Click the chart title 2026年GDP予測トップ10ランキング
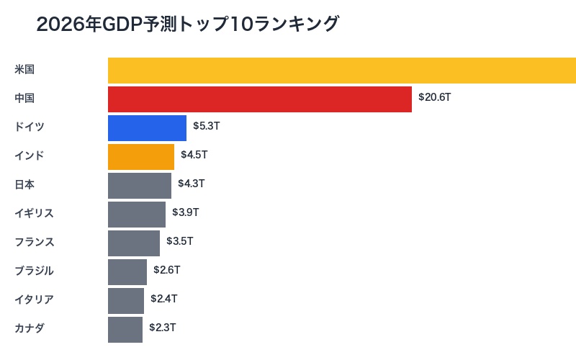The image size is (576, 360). pos(187,24)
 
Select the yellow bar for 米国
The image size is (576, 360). pos(342,71)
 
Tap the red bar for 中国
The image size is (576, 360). pos(260,99)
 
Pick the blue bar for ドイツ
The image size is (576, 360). pos(147,128)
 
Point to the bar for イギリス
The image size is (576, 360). pos(137,215)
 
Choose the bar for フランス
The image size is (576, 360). pos(134,243)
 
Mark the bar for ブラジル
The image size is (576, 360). pos(127,272)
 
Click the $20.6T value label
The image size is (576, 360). pos(435,97)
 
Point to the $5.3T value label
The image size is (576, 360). pos(207,126)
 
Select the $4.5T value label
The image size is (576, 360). pos(194,155)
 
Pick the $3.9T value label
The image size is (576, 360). pos(186,212)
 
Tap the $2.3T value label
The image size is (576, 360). pos(163,328)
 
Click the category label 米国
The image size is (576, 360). pos(24,69)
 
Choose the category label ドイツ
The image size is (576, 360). pos(30,127)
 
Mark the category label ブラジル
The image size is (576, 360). pos(34,271)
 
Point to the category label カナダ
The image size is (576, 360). pos(30,328)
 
